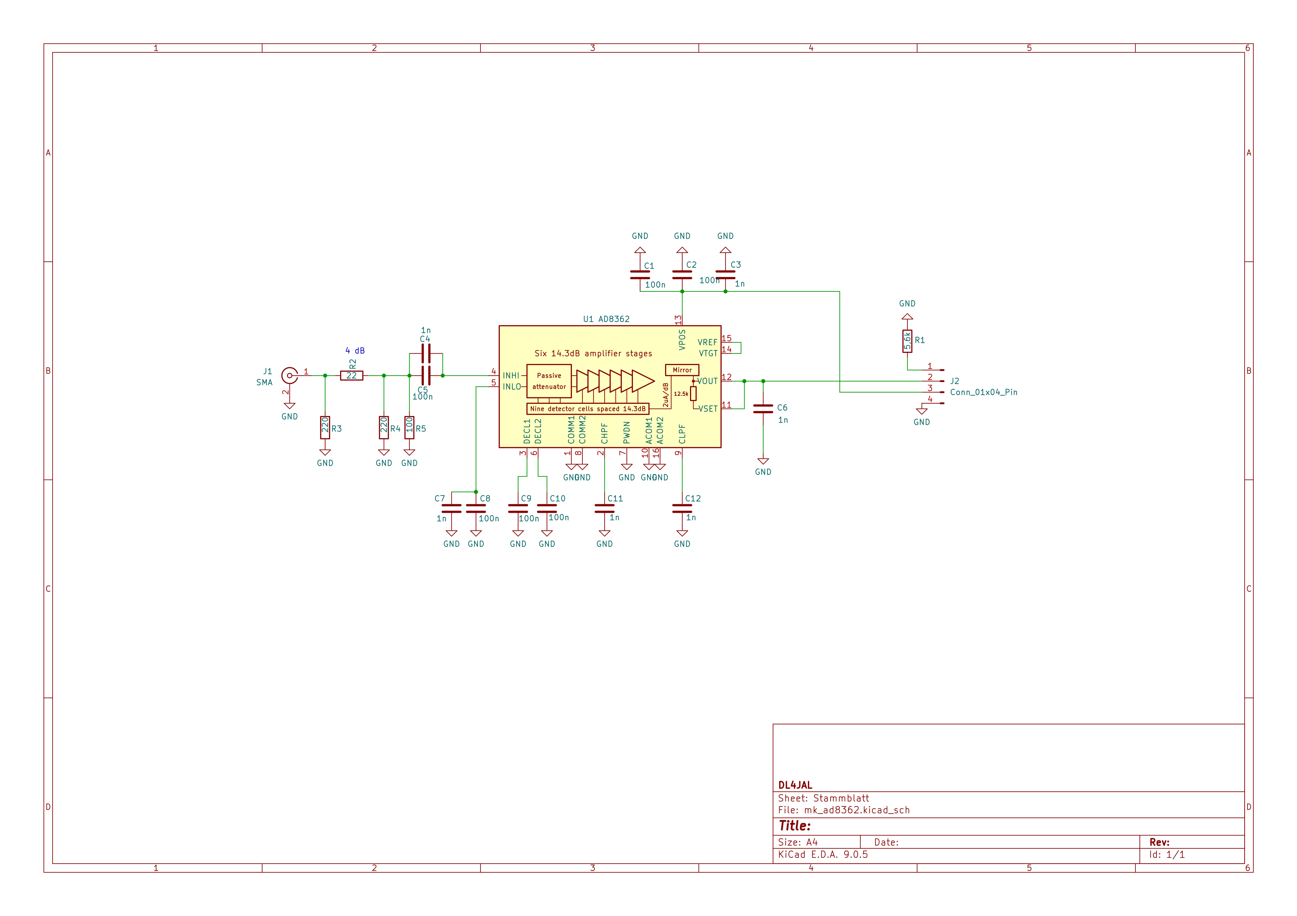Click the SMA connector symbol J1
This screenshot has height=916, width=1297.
click(290, 375)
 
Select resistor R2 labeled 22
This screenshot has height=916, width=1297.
click(351, 375)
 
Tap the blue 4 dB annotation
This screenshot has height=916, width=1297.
click(355, 351)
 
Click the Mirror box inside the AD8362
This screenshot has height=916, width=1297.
click(682, 370)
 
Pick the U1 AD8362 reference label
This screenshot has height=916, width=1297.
click(606, 319)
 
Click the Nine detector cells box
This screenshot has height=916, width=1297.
click(588, 409)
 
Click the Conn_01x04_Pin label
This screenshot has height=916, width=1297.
click(983, 392)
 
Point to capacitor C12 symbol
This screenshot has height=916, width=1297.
click(682, 509)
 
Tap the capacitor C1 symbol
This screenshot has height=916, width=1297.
click(640, 275)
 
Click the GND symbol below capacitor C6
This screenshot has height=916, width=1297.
click(763, 463)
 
